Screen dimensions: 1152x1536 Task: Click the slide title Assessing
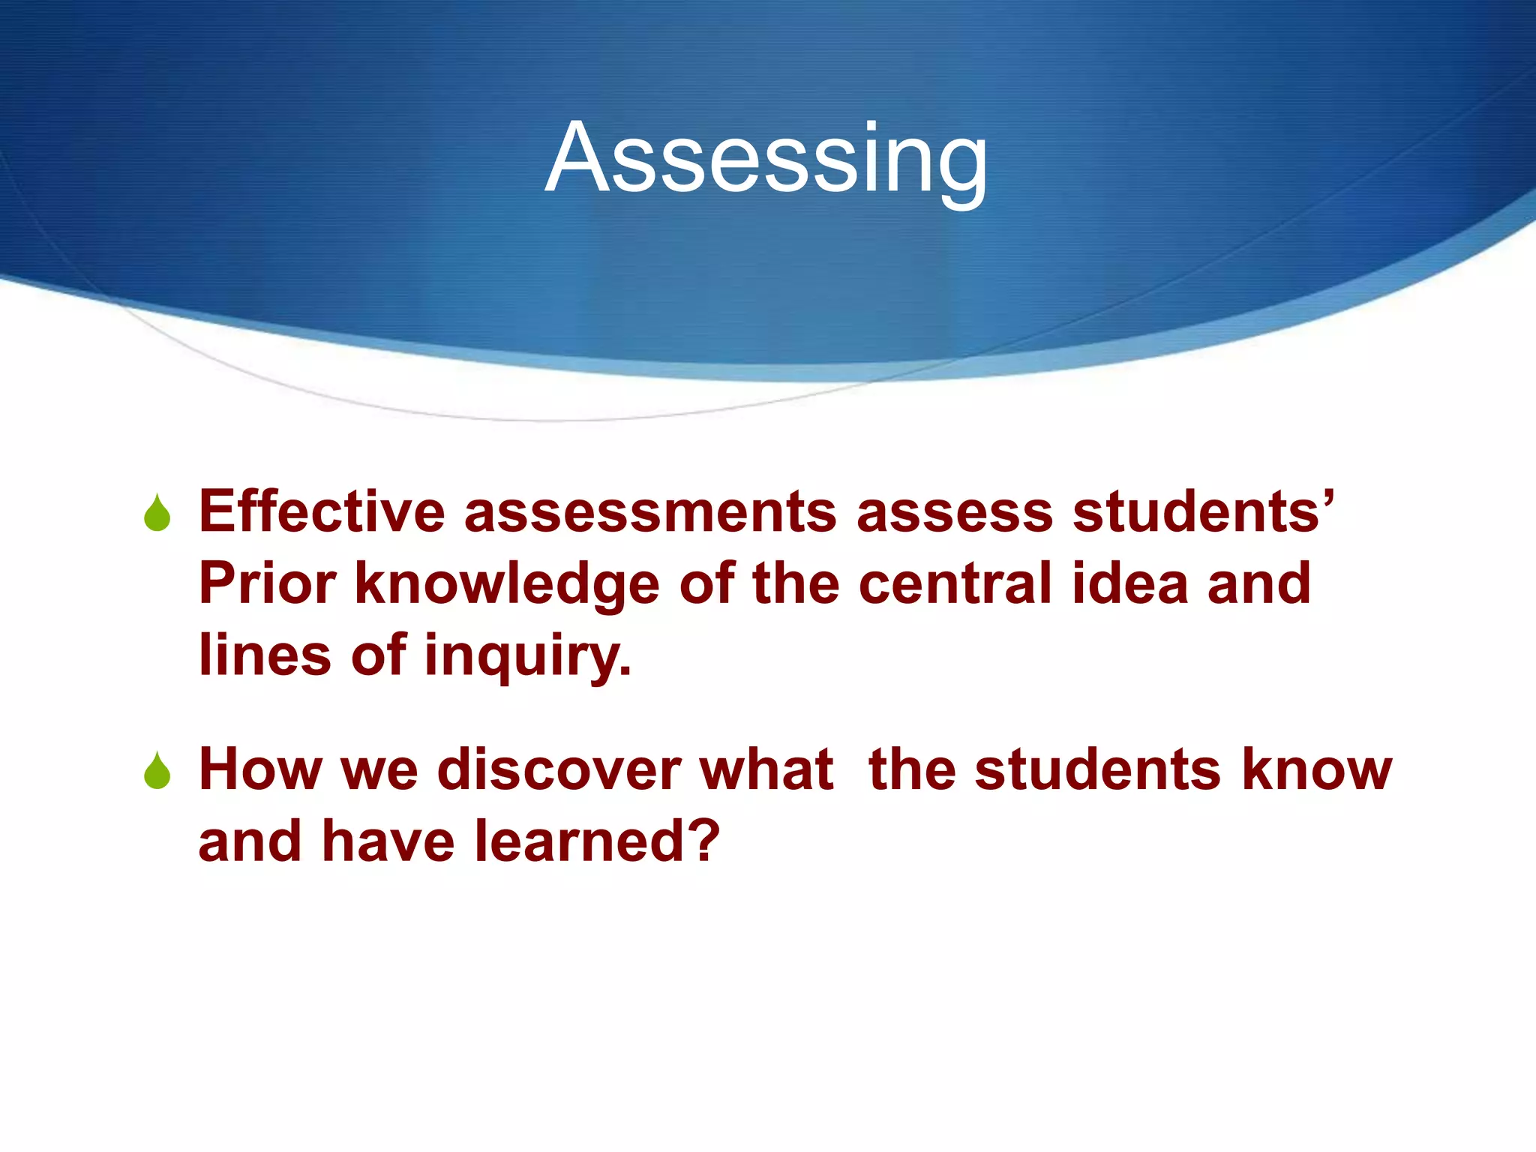pyautogui.click(x=766, y=159)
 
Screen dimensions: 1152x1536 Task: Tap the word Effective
pyautogui.click(x=322, y=511)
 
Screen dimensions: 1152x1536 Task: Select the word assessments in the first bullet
pyautogui.click(x=650, y=511)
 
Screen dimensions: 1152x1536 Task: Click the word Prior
pyautogui.click(x=267, y=583)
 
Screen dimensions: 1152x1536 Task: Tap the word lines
pyautogui.click(x=265, y=654)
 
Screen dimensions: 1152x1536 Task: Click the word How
pyautogui.click(x=259, y=769)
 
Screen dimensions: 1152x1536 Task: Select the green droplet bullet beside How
pyautogui.click(x=157, y=772)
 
